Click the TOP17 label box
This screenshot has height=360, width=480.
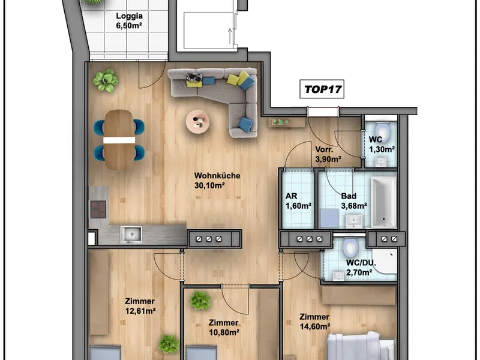[322, 89]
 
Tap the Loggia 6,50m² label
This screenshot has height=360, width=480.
[129, 21]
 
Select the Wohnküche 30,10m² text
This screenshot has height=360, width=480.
[217, 181]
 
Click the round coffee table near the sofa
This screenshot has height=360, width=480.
[198, 122]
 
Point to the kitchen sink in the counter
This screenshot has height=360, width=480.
[131, 234]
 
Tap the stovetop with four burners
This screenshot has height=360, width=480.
[98, 209]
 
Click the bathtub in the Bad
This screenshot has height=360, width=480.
[383, 202]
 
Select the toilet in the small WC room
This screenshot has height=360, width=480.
[382, 131]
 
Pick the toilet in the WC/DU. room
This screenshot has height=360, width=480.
[350, 248]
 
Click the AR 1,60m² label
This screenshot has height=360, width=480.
[298, 201]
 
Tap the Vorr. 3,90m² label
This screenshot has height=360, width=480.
[328, 154]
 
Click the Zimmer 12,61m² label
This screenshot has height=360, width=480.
[140, 306]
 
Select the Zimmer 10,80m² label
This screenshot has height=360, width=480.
[224, 327]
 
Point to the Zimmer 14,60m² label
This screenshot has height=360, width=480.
[314, 322]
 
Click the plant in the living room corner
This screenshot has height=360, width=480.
[106, 80]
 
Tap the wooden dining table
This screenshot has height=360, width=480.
[119, 140]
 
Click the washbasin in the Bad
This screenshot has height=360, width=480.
[354, 221]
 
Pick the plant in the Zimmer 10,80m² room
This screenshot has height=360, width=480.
[200, 301]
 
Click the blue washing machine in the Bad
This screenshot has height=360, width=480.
[329, 218]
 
